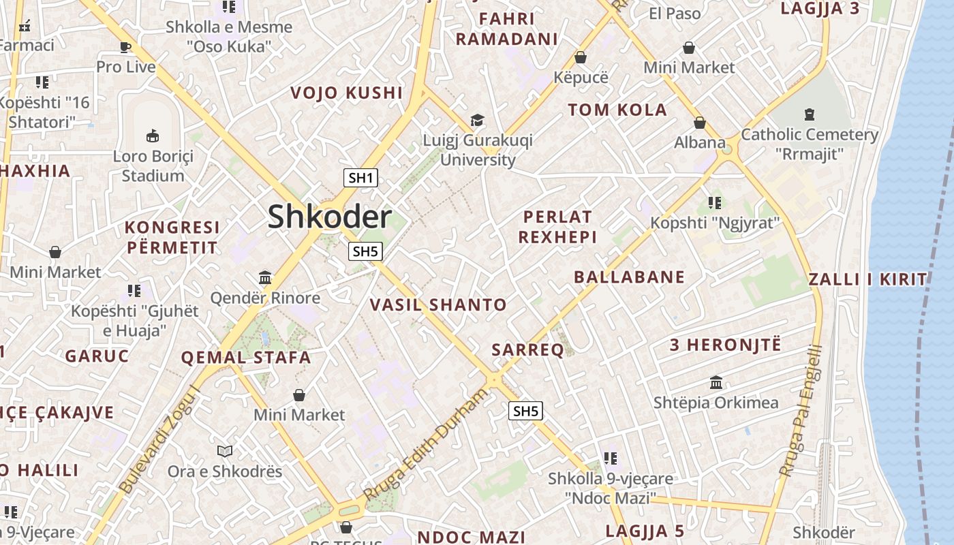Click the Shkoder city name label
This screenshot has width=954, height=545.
tap(329, 217)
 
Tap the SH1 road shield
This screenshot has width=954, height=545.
tap(360, 178)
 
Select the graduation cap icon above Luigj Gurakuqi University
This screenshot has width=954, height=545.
tap(477, 121)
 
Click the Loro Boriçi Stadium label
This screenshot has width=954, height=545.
tap(153, 166)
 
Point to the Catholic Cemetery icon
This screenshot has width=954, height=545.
tap(809, 114)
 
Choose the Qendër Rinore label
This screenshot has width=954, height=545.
tap(265, 298)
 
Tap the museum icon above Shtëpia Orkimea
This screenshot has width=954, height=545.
tap(715, 383)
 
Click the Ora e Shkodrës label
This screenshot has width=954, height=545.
tap(225, 471)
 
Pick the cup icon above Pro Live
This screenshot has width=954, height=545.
tap(125, 47)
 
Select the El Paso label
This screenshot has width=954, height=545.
tap(675, 14)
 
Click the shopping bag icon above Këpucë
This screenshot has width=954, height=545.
tap(581, 57)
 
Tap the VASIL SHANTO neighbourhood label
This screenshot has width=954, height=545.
tap(438, 305)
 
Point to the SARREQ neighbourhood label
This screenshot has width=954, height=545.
tap(528, 350)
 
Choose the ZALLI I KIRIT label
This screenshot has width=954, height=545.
tap(867, 279)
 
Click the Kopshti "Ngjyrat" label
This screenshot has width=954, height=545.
tap(714, 223)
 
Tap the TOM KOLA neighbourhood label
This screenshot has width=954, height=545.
tap(617, 110)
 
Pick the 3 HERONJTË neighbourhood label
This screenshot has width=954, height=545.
tap(725, 345)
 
